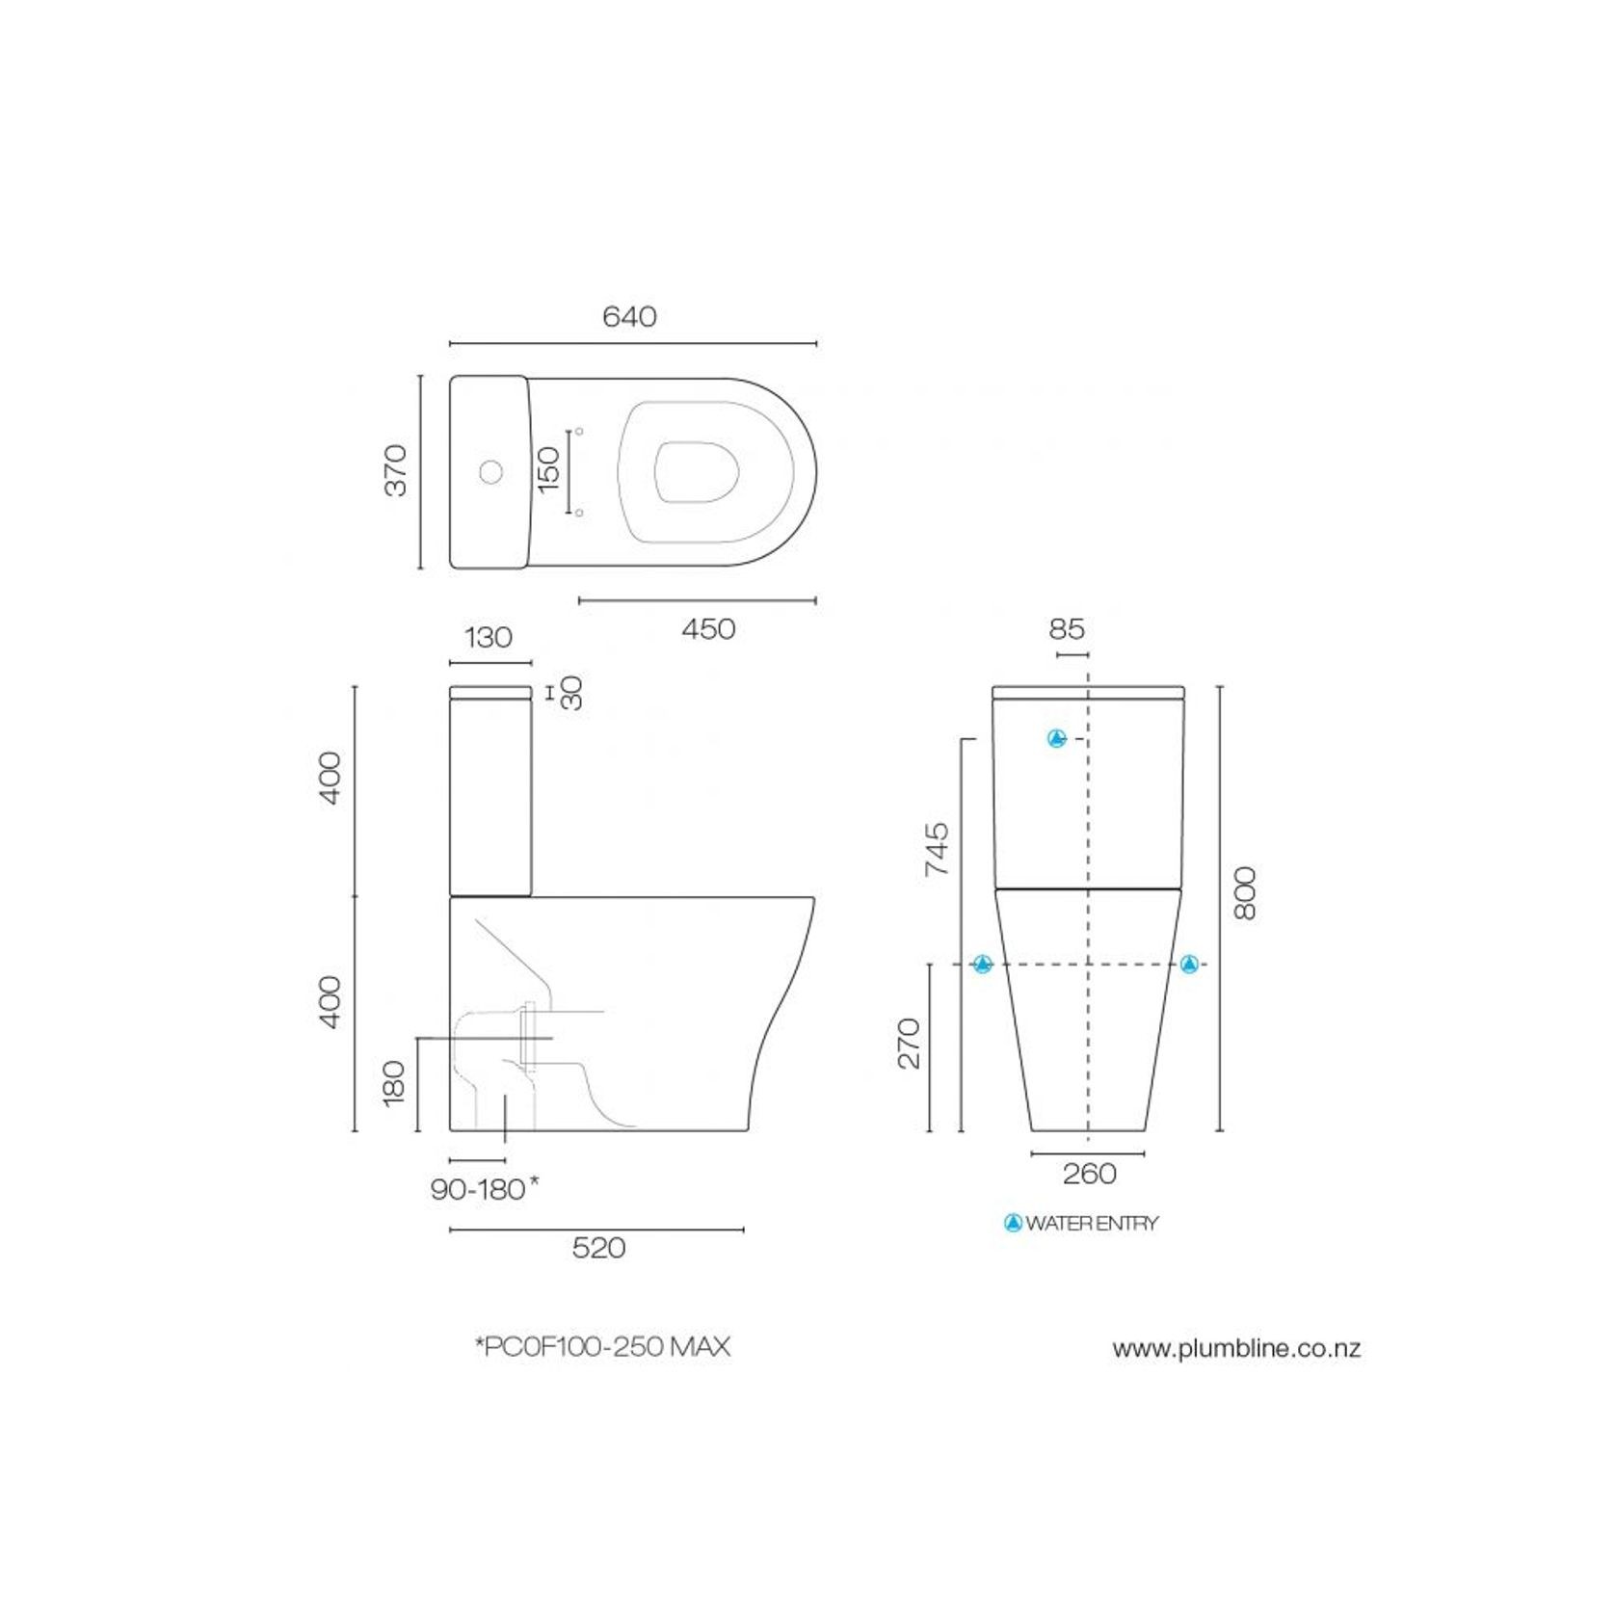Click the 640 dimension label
(629, 317)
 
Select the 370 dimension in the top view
(396, 470)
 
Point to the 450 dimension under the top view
(708, 629)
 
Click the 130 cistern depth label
(489, 638)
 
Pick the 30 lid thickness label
(572, 693)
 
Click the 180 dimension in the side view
(394, 1083)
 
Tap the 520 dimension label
(598, 1248)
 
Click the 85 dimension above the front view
(1067, 629)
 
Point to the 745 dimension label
(938, 849)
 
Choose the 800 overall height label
(1246, 893)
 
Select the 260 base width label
(1089, 1174)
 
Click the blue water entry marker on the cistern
(1057, 739)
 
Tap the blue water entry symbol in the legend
(1013, 1223)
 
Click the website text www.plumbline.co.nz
(1236, 1348)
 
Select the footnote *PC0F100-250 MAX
(603, 1346)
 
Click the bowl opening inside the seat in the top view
(697, 472)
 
